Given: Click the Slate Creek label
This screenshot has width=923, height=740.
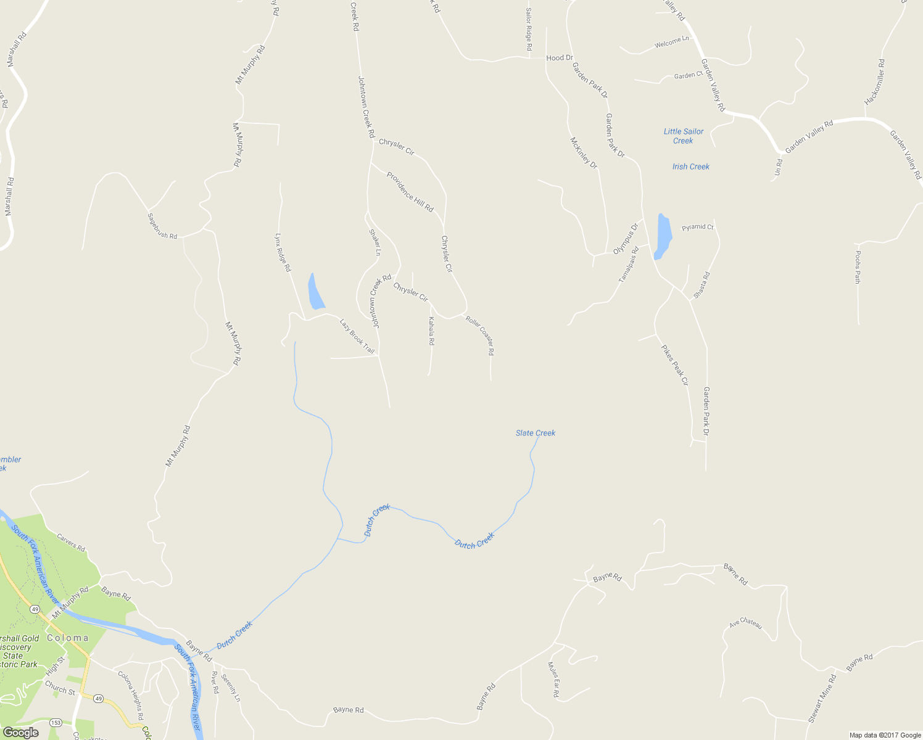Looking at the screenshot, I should [x=536, y=433].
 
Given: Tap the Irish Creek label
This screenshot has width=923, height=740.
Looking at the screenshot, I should [x=690, y=166].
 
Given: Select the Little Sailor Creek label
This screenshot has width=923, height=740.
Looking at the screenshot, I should [x=683, y=136].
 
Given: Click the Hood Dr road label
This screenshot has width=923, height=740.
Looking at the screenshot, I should [x=560, y=58].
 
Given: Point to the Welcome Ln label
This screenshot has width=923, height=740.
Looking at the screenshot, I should [x=671, y=43].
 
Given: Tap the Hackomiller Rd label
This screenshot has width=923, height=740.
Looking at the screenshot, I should [x=874, y=81].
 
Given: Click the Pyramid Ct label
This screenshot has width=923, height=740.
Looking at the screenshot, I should [x=697, y=227].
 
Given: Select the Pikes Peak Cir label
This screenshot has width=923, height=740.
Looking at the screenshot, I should [x=674, y=365].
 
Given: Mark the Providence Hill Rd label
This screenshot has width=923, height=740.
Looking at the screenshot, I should [x=410, y=192].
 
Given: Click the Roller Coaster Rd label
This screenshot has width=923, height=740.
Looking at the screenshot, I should [x=480, y=335].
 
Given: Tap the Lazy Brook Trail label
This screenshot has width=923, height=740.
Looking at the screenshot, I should [x=357, y=336].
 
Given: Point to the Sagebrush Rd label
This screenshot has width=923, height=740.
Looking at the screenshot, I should [x=162, y=226].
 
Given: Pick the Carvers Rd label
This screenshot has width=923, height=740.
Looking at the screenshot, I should [x=71, y=542].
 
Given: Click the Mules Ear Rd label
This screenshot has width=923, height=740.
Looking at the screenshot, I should [x=553, y=680].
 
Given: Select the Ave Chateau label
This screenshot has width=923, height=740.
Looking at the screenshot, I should [x=745, y=623].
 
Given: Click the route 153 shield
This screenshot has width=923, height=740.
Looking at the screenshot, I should [x=56, y=722].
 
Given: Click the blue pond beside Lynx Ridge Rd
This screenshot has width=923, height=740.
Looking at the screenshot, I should [x=315, y=292].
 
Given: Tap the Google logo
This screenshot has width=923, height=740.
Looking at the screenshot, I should [x=20, y=733].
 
